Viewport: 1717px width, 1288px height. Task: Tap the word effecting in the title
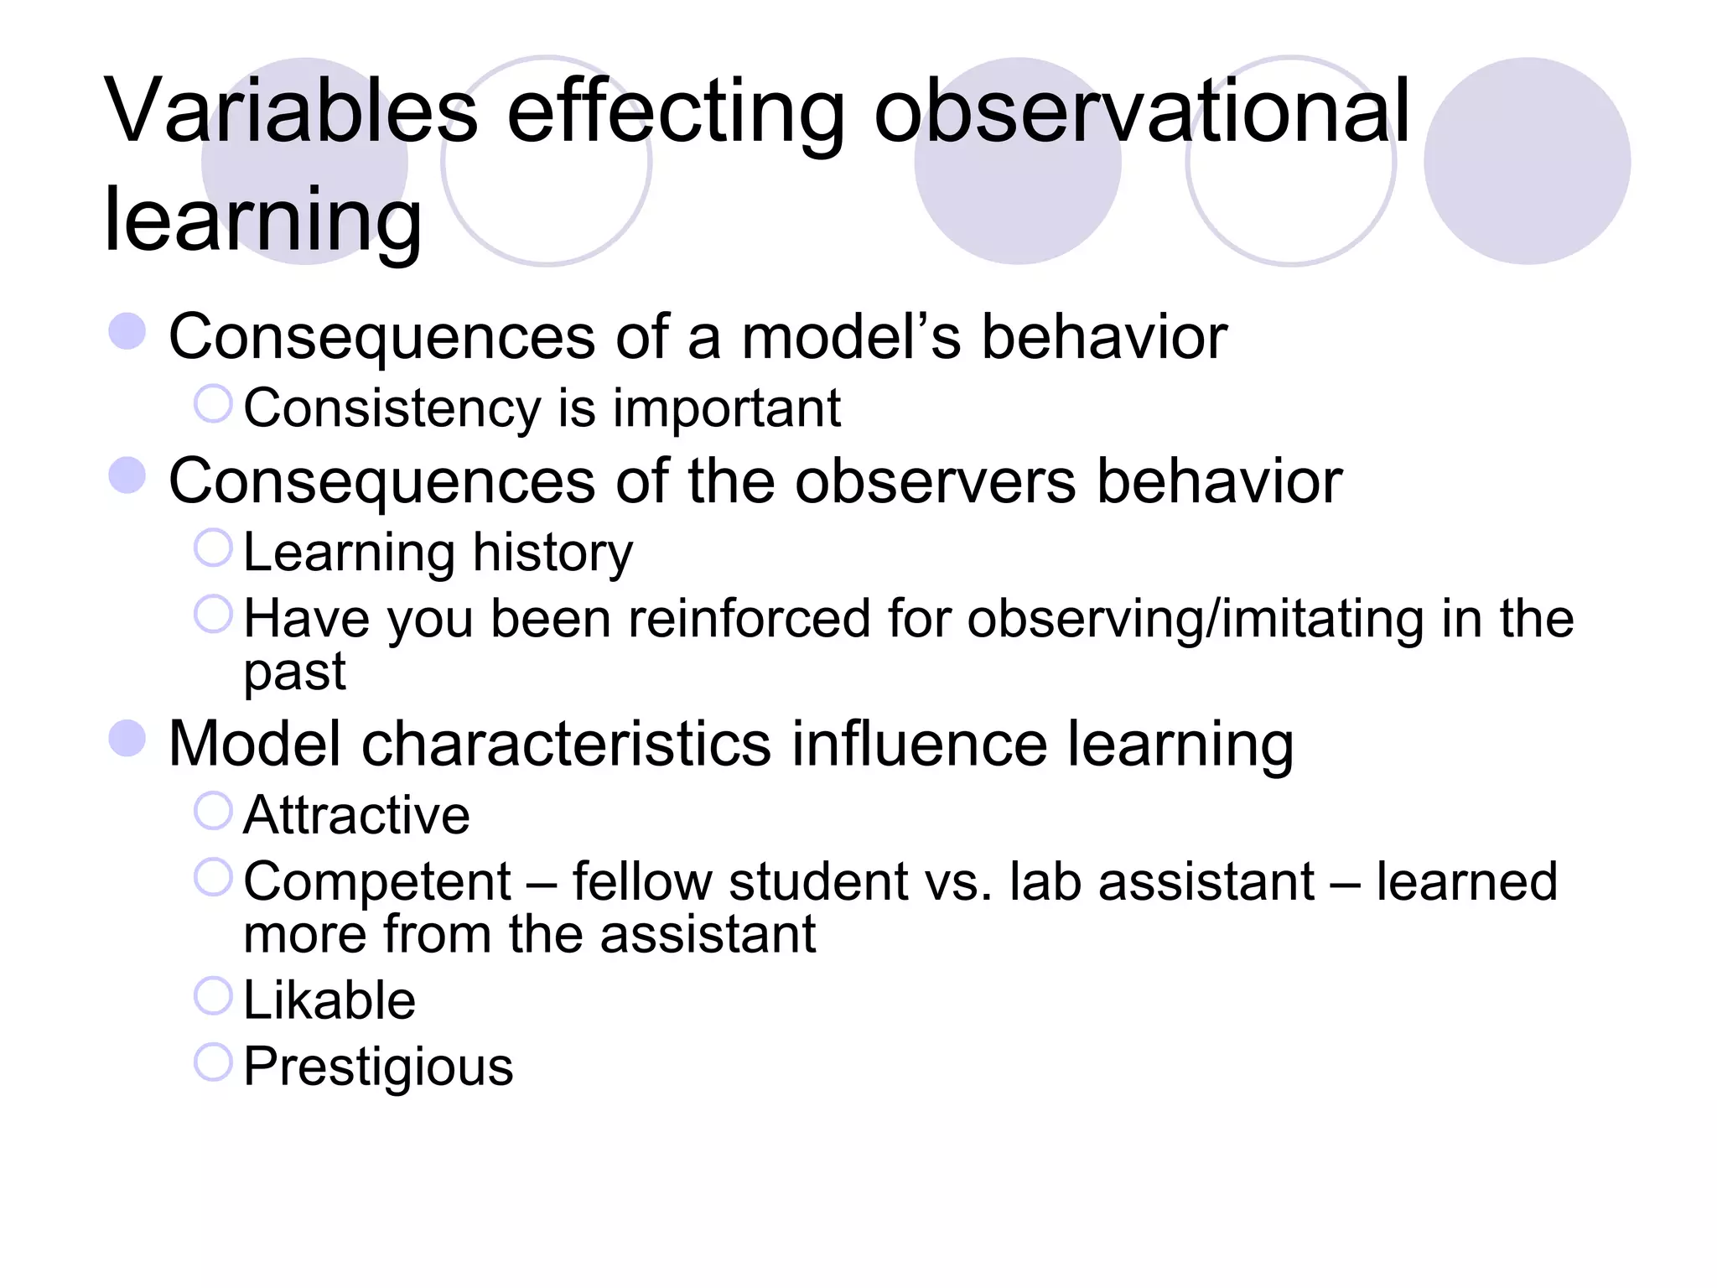tap(676, 112)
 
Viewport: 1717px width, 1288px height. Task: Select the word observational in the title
tap(1142, 112)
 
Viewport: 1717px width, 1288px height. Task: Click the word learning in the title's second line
tap(262, 220)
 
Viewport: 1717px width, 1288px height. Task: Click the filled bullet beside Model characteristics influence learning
tap(127, 739)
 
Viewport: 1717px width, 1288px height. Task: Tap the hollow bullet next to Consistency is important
tap(213, 404)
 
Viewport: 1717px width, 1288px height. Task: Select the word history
tap(552, 553)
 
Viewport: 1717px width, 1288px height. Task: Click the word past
tap(294, 673)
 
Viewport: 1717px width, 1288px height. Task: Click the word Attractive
tap(356, 815)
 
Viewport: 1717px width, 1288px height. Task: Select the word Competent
tap(377, 882)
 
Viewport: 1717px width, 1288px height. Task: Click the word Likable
tap(329, 1000)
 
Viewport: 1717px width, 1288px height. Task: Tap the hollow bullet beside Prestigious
tap(213, 1062)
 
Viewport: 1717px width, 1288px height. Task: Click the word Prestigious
tap(378, 1067)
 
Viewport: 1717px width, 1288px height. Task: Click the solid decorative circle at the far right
tap(1527, 161)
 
